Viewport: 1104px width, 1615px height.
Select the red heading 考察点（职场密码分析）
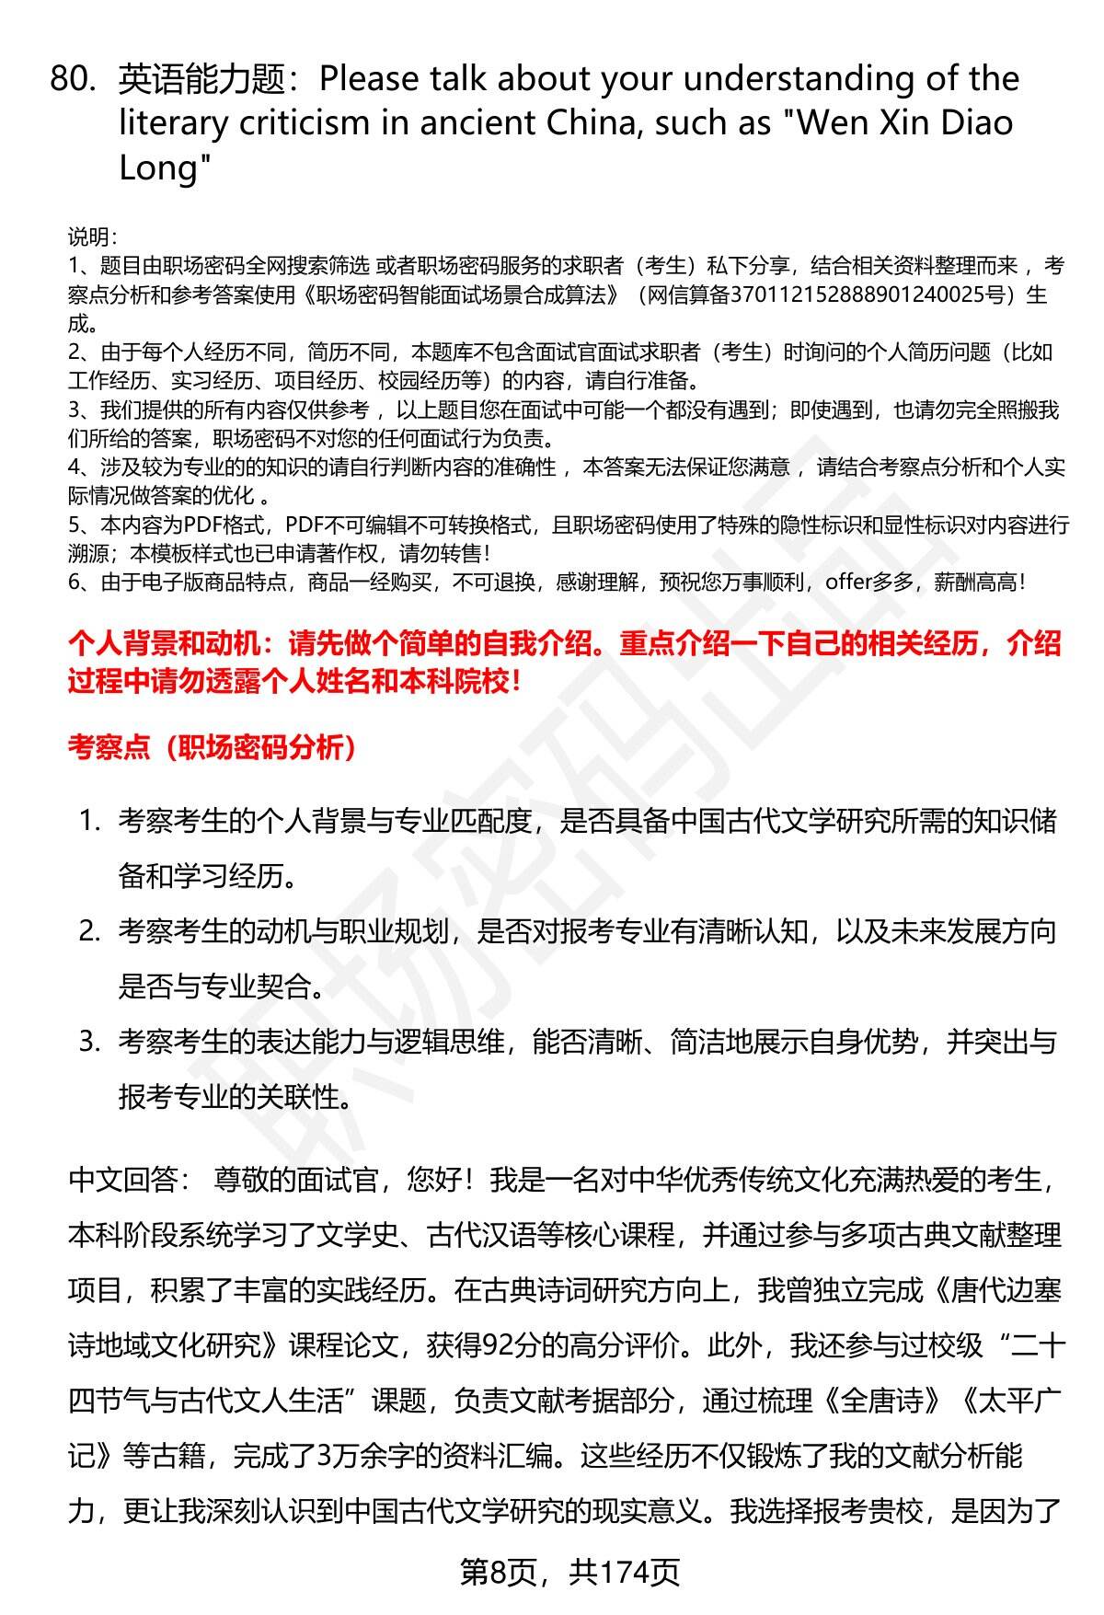coord(213,747)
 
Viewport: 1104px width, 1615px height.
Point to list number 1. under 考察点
coord(89,821)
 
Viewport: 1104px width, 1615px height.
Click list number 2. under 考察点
coord(89,931)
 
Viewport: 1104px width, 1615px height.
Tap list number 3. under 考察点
coord(89,1042)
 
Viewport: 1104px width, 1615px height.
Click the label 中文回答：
coord(129,1179)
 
